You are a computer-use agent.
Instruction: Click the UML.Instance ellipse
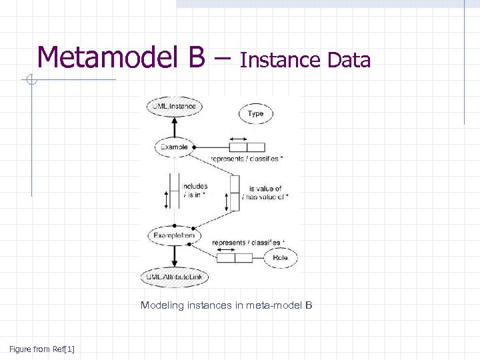tap(174, 107)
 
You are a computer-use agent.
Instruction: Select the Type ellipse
tap(256, 114)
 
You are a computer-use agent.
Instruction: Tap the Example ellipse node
tap(174, 147)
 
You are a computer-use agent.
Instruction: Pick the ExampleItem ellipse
tap(174, 235)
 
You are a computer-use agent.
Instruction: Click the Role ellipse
tap(281, 258)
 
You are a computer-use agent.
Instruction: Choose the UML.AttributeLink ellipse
tap(174, 276)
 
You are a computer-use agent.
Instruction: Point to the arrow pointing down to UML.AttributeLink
tap(174, 260)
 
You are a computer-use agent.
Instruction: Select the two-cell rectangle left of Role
tap(234, 258)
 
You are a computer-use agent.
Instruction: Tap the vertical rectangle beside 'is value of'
tap(235, 193)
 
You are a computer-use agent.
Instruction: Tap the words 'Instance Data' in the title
tap(305, 61)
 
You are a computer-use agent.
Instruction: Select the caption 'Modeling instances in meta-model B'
tap(226, 305)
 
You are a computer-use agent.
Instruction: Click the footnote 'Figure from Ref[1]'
tap(42, 349)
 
